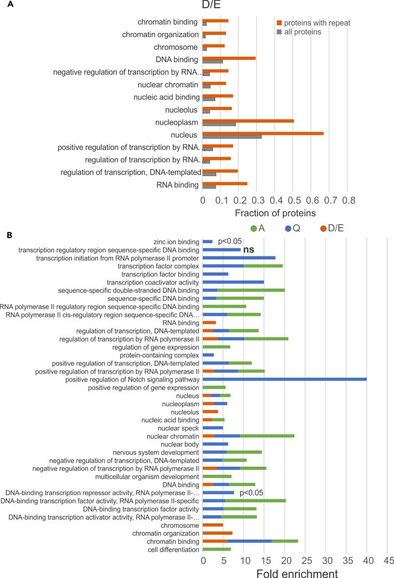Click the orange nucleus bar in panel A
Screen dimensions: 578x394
pos(263,133)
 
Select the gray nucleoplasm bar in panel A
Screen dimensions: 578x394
pos(219,124)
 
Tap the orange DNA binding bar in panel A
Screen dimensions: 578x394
pos(229,57)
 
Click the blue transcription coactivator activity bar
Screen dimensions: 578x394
pos(233,282)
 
